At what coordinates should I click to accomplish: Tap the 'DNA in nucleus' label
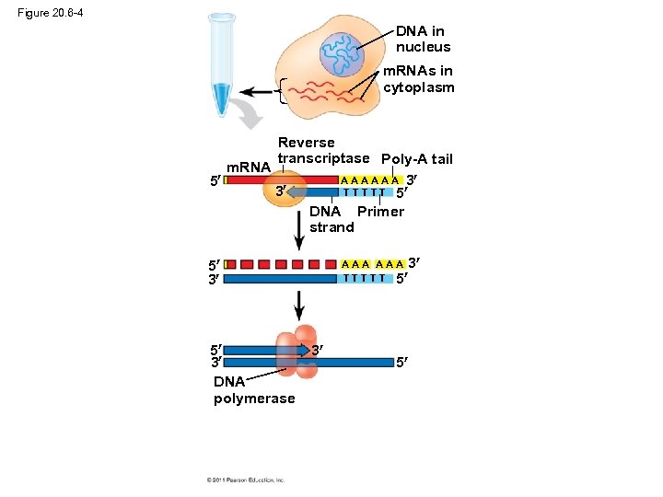pyautogui.click(x=423, y=39)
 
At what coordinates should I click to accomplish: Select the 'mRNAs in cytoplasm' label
pyautogui.click(x=418, y=79)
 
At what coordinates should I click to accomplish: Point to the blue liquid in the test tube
pyautogui.click(x=221, y=98)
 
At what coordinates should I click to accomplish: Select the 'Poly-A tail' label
pyautogui.click(x=416, y=159)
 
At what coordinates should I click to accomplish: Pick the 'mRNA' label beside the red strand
pyautogui.click(x=248, y=168)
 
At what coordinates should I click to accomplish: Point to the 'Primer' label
pyautogui.click(x=380, y=212)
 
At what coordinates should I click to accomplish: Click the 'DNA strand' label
pyautogui.click(x=331, y=219)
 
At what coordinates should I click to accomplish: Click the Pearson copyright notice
pyautogui.click(x=246, y=480)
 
